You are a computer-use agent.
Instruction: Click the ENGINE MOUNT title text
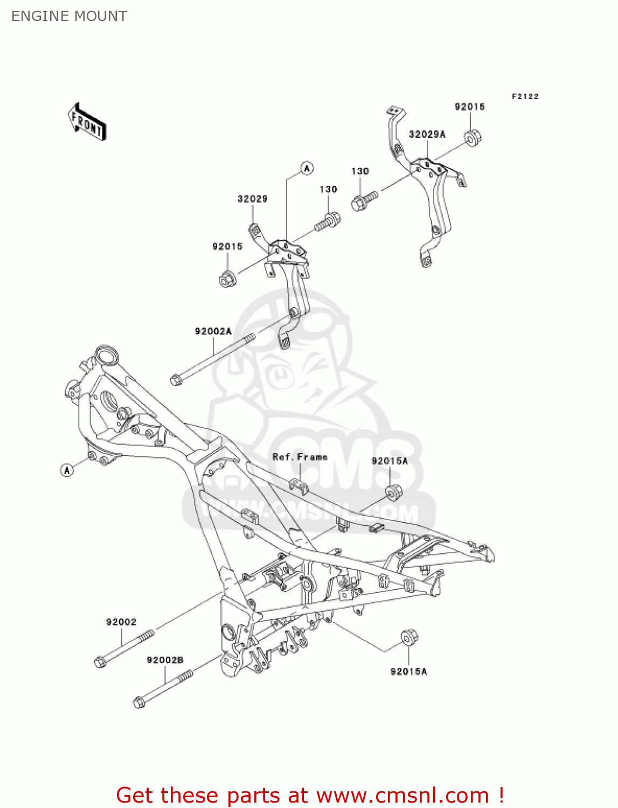[69, 16]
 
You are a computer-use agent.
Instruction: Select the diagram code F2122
[525, 96]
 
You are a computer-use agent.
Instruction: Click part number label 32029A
[427, 134]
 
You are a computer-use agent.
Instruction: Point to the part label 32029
[252, 199]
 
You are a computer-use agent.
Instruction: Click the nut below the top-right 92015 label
[473, 138]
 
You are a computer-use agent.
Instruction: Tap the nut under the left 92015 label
[226, 280]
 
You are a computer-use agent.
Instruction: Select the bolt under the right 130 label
[364, 201]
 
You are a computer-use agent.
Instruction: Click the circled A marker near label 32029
[307, 169]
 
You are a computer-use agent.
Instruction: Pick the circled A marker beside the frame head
[67, 470]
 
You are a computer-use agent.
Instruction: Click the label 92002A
[213, 331]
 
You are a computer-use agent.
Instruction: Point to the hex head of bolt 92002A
[176, 380]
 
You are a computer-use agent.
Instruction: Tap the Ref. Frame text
[300, 457]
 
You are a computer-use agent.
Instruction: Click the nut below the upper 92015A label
[393, 493]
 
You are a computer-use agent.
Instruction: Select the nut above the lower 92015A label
[409, 637]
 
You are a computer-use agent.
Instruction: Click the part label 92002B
[165, 660]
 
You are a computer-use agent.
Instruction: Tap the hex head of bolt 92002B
[139, 702]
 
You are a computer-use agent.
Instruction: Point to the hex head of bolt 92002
[100, 662]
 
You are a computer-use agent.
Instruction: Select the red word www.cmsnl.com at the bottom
[402, 795]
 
